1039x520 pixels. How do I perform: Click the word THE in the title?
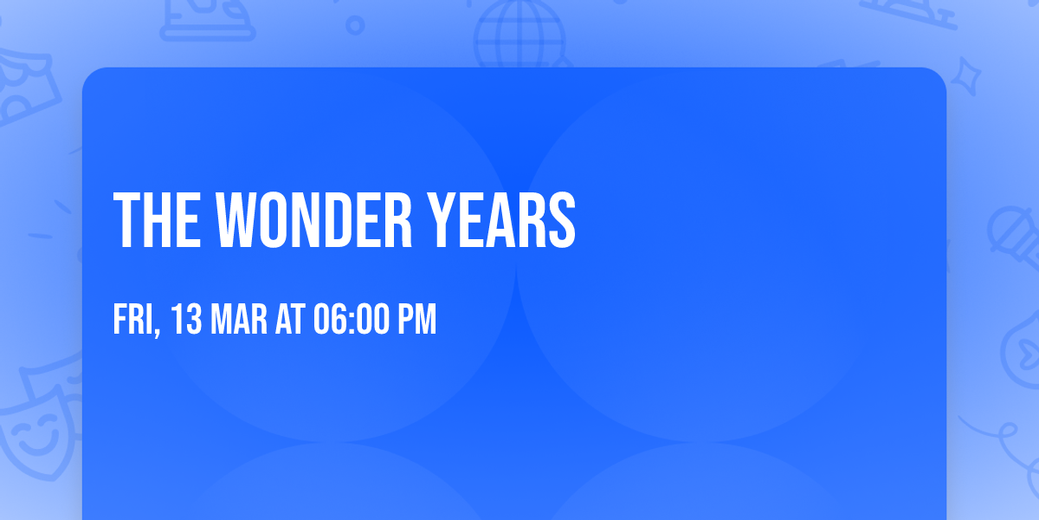pyautogui.click(x=158, y=219)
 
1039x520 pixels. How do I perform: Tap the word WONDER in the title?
pyautogui.click(x=313, y=219)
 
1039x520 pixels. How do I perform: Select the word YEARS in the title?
pyautogui.click(x=501, y=219)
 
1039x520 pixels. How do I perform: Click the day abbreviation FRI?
pyautogui.click(x=133, y=319)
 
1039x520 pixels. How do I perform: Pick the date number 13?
pyautogui.click(x=186, y=319)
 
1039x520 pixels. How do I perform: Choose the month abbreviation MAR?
pyautogui.click(x=239, y=319)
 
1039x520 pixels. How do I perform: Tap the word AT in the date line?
pyautogui.click(x=290, y=319)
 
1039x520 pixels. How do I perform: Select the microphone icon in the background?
pyautogui.click(x=1014, y=237)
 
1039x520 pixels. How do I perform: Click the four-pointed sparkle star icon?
pyautogui.click(x=965, y=76)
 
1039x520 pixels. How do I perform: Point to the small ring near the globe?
pyautogui.click(x=355, y=25)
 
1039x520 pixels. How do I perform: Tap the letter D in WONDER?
pyautogui.click(x=339, y=219)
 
